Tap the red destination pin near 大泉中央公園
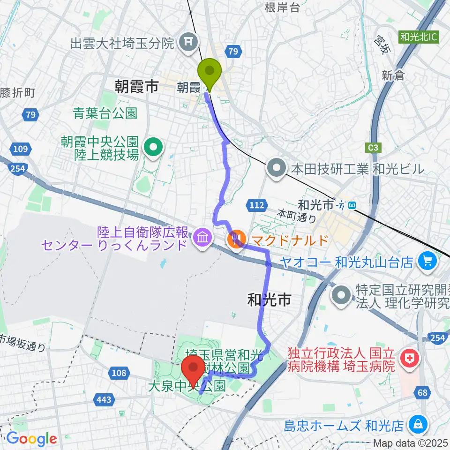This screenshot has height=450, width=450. (x=192, y=368)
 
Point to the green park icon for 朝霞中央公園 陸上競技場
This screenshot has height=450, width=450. (x=153, y=148)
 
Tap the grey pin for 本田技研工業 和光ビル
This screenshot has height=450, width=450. (x=277, y=168)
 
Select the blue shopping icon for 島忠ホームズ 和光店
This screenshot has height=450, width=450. (x=416, y=426)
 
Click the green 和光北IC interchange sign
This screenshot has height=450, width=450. (x=420, y=37)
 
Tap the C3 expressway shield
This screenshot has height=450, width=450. (x=373, y=148)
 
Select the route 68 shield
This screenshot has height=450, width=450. (x=423, y=392)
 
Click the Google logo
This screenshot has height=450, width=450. (x=31, y=439)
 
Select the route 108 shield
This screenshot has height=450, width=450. (x=119, y=373)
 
